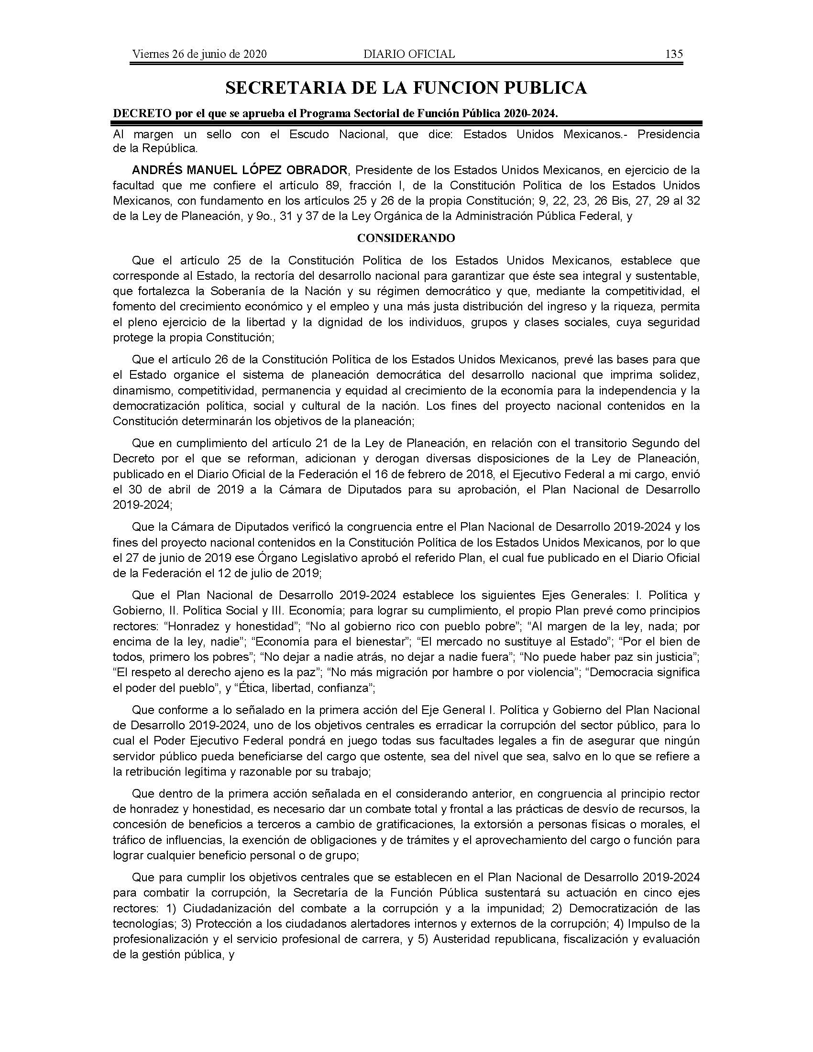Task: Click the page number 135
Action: [674, 54]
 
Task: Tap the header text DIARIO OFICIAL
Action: [409, 54]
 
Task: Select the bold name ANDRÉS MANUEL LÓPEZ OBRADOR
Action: [240, 170]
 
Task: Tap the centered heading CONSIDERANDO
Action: [406, 239]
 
